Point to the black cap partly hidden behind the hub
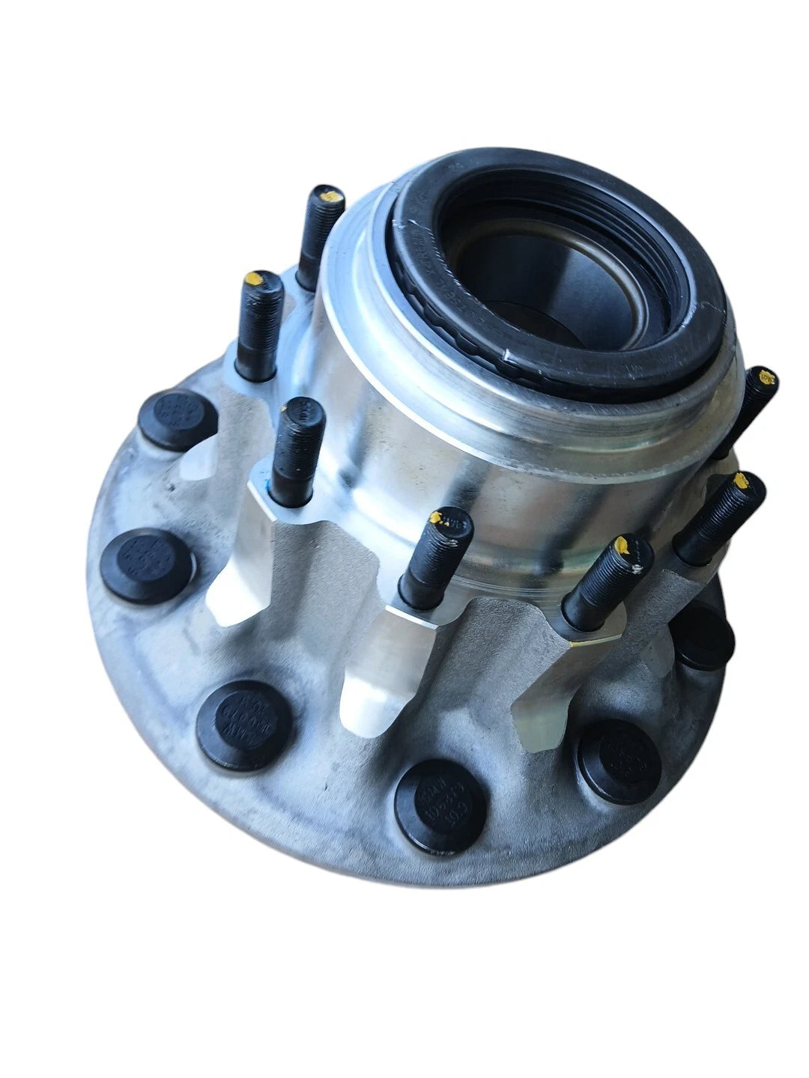[x=704, y=636]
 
